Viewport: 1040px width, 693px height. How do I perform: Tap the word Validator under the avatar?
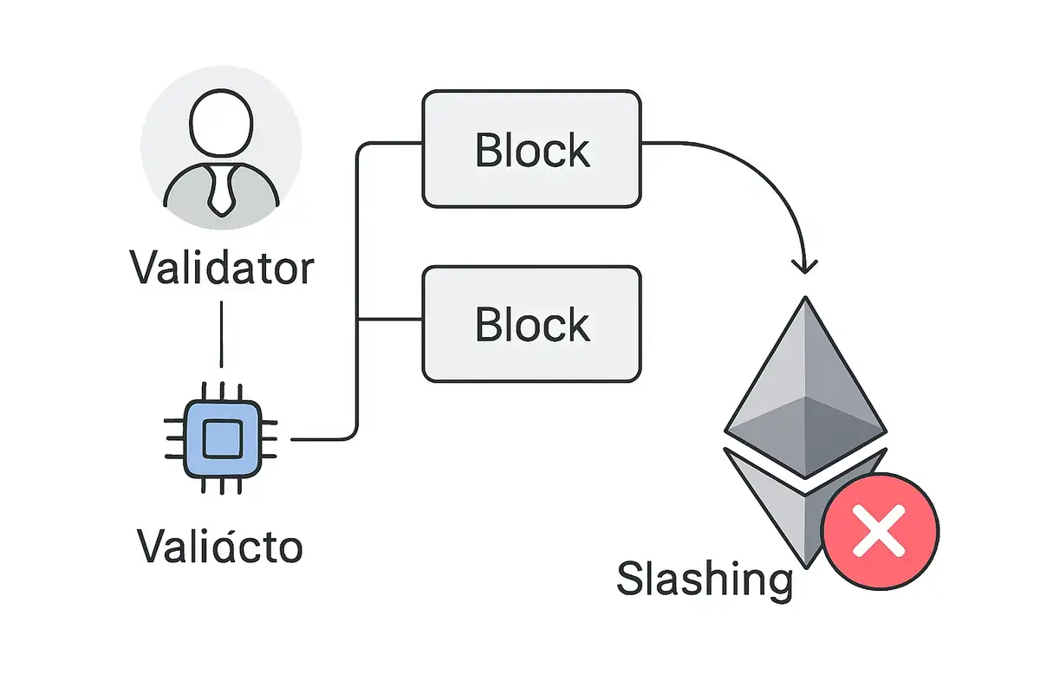tap(222, 268)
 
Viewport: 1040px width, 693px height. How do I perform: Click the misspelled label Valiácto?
tap(220, 546)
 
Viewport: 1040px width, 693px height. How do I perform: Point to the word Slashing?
tap(704, 579)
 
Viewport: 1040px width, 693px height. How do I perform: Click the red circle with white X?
tap(880, 531)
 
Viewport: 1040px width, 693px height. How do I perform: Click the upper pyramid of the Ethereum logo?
tap(806, 381)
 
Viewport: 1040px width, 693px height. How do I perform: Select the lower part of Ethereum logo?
tap(776, 502)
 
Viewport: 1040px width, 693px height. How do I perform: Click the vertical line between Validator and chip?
tap(222, 334)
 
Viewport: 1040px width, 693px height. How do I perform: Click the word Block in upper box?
tap(532, 151)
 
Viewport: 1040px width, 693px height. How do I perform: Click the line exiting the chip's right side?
tap(321, 439)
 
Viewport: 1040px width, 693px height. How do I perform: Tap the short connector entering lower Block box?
tap(390, 320)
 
